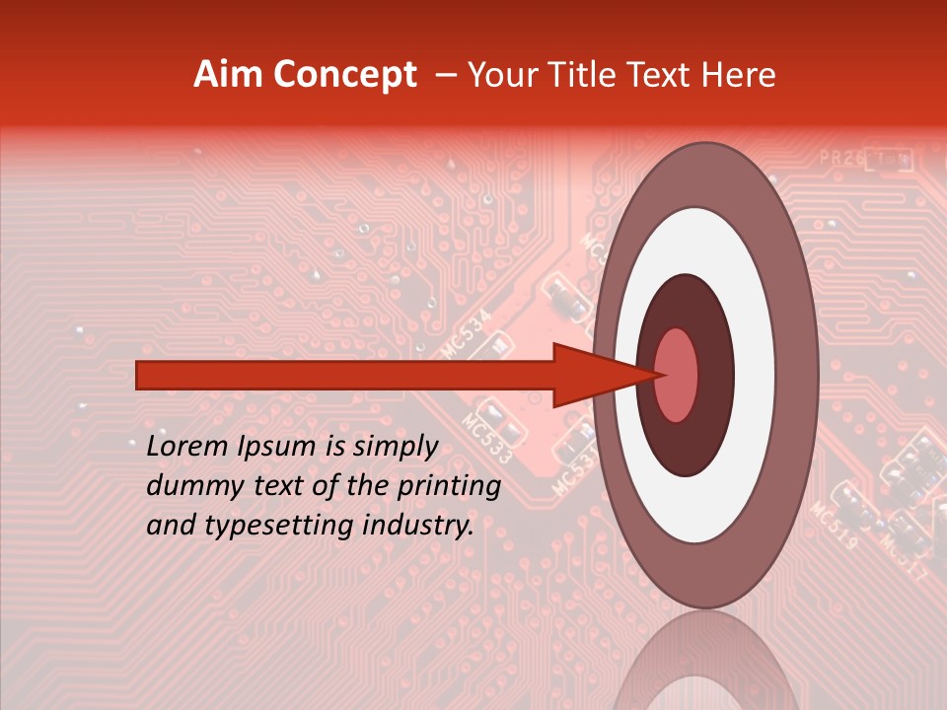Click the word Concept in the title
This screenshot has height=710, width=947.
(344, 76)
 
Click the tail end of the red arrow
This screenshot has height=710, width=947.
(139, 376)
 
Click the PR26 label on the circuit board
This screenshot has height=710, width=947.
(838, 158)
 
